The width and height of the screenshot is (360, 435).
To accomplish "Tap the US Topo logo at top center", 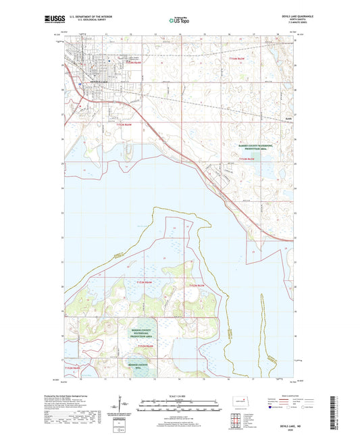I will (x=176, y=21).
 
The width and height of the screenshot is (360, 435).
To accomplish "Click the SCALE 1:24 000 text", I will (x=180, y=395).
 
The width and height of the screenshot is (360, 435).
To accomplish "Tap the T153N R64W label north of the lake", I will (x=132, y=124).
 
